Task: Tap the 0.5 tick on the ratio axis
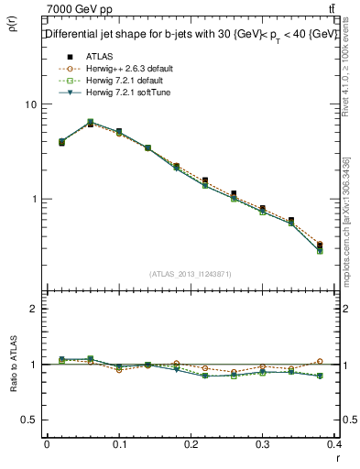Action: pos(28,420)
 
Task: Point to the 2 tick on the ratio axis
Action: pos(32,309)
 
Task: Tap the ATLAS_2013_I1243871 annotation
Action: pos(191,274)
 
